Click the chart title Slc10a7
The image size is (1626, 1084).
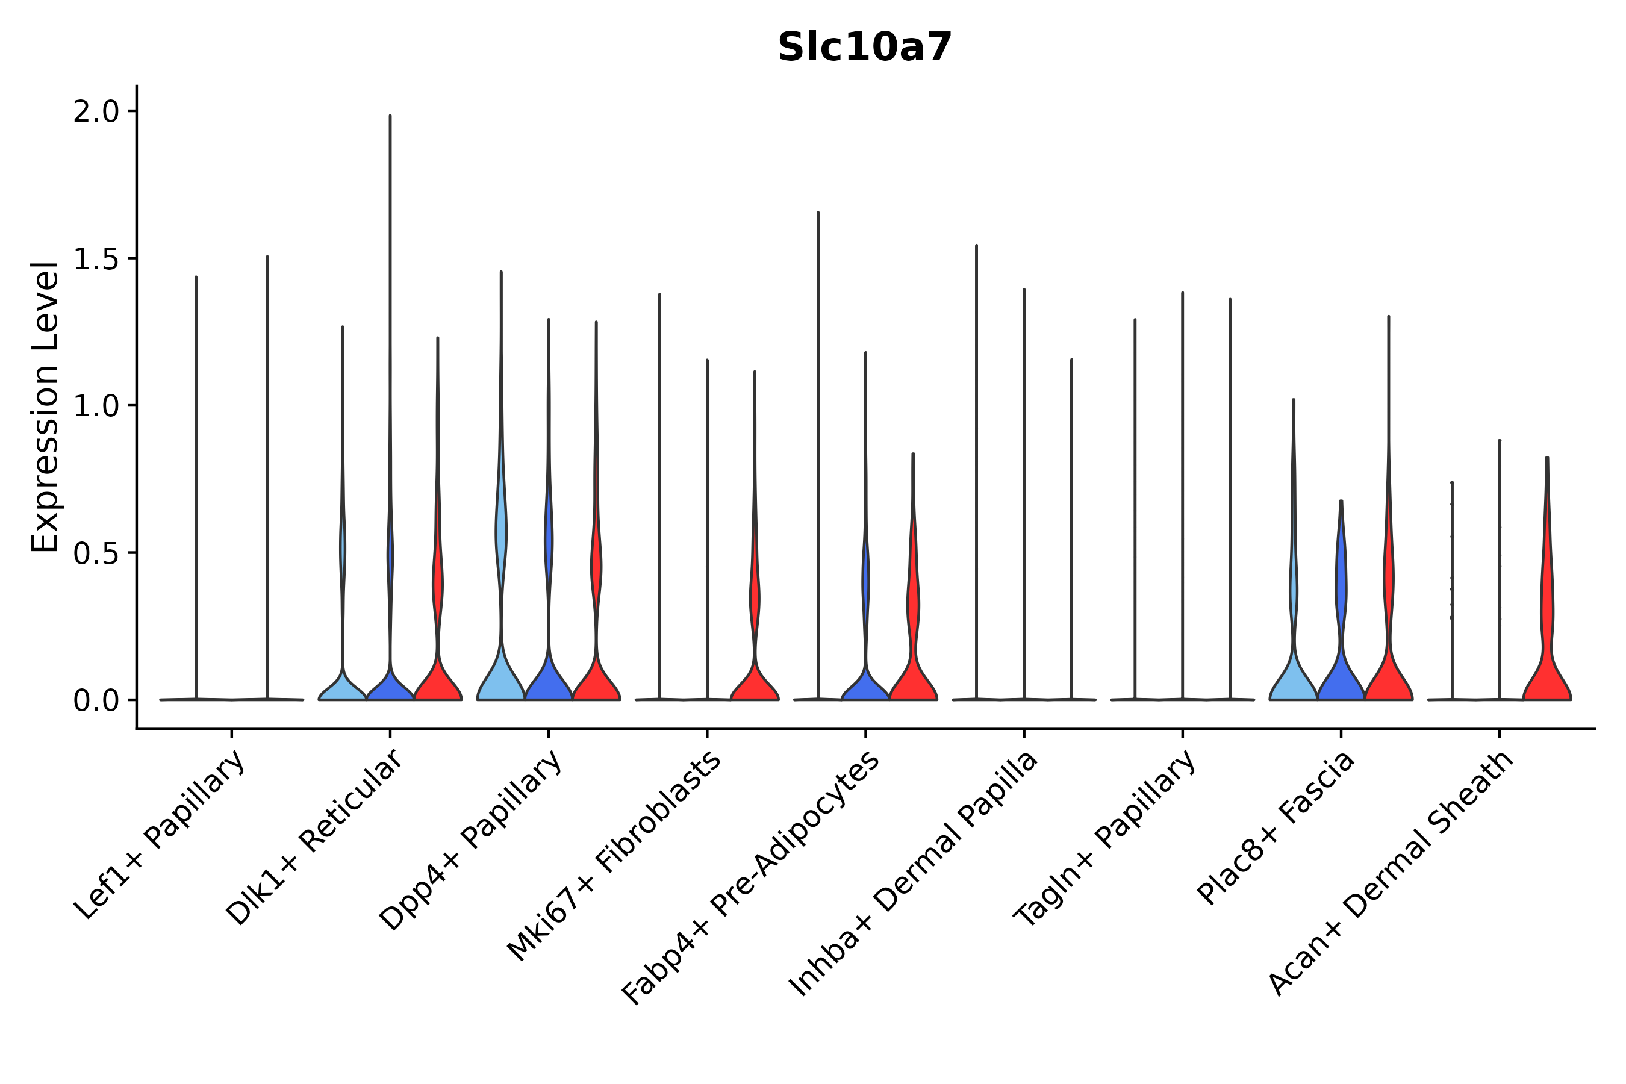point(864,48)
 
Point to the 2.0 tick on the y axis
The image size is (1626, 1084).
point(96,112)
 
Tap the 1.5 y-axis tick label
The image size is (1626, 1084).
point(96,259)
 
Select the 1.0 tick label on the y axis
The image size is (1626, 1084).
point(96,406)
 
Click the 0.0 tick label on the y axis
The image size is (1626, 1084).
point(96,701)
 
